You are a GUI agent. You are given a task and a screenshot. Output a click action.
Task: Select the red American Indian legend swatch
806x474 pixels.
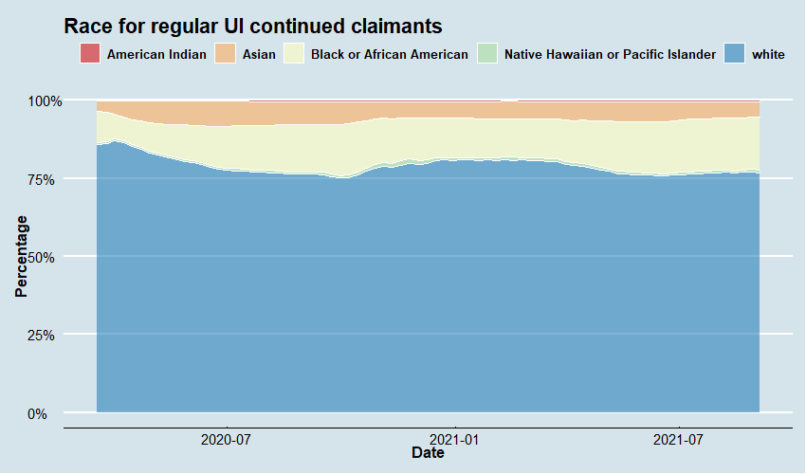click(x=90, y=54)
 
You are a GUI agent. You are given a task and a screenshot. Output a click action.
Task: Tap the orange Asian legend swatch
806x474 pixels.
click(x=227, y=54)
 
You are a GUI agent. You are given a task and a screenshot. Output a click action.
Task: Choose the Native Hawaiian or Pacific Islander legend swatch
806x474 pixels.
click(x=487, y=54)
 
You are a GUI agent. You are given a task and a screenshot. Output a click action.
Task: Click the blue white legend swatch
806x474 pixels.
click(x=735, y=54)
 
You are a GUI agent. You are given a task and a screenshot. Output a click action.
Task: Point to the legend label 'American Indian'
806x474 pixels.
click(x=156, y=55)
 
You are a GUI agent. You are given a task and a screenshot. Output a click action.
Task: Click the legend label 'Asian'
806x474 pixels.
click(x=259, y=55)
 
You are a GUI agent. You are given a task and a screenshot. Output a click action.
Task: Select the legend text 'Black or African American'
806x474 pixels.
click(x=390, y=55)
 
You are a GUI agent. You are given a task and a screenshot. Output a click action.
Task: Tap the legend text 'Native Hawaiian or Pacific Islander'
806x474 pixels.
click(x=611, y=55)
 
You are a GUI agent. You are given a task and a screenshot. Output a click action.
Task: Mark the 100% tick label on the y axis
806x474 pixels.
click(x=44, y=100)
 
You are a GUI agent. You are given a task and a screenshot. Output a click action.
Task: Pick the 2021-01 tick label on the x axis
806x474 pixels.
click(x=456, y=440)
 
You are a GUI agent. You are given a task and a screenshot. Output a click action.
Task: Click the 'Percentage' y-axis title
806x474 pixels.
click(x=22, y=256)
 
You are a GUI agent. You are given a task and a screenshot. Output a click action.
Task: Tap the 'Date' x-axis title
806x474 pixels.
click(x=428, y=454)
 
